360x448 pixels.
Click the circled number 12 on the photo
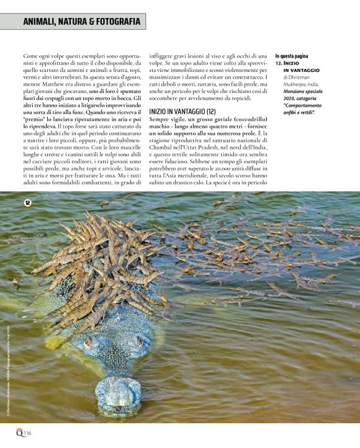click(x=28, y=202)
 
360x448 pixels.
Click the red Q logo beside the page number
click(x=20, y=432)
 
